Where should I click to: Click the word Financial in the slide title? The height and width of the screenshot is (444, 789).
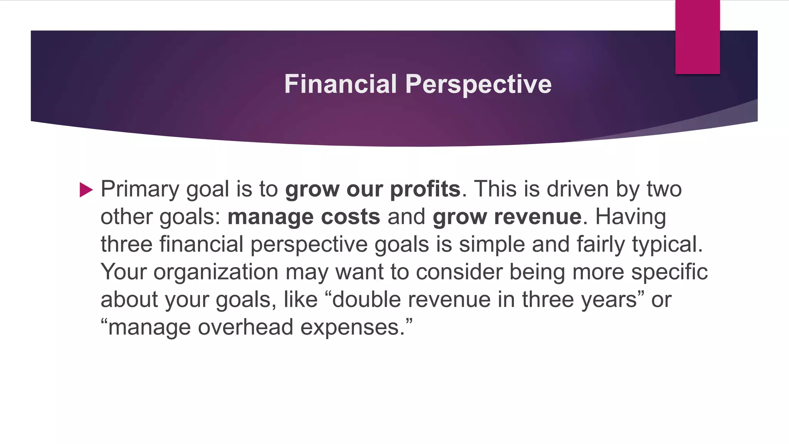pyautogui.click(x=341, y=84)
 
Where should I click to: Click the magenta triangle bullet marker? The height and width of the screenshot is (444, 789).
pyautogui.click(x=86, y=190)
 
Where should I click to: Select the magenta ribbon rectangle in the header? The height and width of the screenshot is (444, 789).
pyautogui.click(x=697, y=37)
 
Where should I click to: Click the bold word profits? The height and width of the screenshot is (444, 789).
pyautogui.click(x=425, y=190)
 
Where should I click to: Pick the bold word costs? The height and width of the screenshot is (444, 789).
pyautogui.click(x=350, y=217)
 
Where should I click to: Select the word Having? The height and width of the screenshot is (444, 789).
pyautogui.click(x=630, y=217)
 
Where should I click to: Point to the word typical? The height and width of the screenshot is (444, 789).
pyautogui.click(x=667, y=245)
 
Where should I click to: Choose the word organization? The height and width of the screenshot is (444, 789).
pyautogui.click(x=216, y=272)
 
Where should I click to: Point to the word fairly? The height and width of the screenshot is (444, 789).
pyautogui.click(x=601, y=245)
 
